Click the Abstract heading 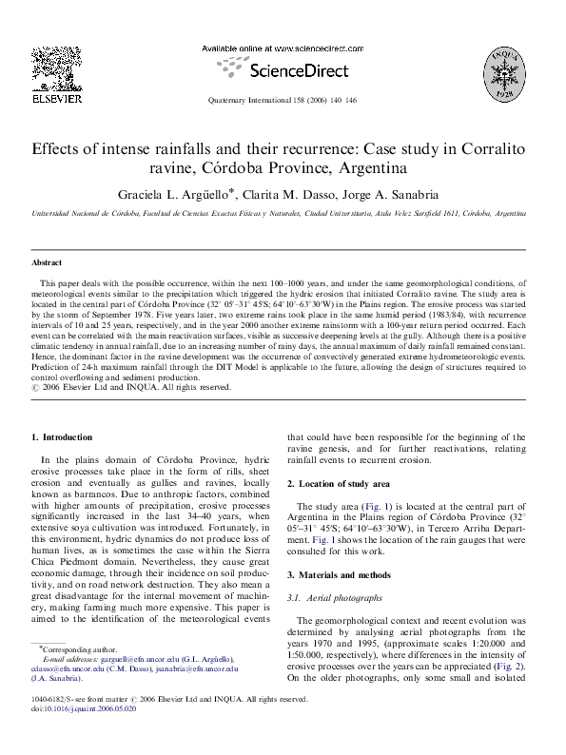(47, 261)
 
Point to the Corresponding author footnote (75, 647)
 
